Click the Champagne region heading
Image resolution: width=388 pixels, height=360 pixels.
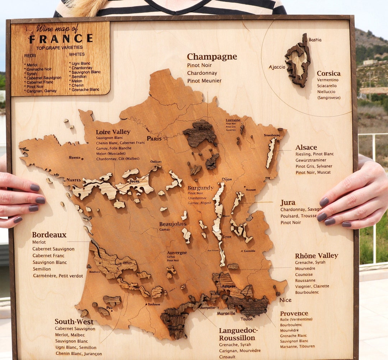pos(212,57)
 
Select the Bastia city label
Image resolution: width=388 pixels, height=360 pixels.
pos(315,40)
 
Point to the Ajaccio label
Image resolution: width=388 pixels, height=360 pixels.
pos(277,67)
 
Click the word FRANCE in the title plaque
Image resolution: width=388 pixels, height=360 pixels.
pos(61,39)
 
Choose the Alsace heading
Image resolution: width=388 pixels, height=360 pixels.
pos(306,148)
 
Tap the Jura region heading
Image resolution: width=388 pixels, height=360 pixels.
pos(288,203)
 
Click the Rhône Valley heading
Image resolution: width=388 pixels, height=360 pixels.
pos(317,256)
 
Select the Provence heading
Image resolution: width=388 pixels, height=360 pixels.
pos(294,313)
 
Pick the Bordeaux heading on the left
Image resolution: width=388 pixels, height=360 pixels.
pos(49,235)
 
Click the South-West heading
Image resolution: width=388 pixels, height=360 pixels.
pos(74,322)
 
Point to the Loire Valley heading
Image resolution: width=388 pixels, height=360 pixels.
pos(113,132)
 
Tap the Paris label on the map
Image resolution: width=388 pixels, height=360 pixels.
pos(154,139)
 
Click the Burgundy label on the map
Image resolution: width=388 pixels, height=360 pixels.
pos(200,188)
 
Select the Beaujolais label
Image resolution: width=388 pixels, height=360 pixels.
pos(173,224)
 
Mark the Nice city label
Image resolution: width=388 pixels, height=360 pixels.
pos(286,300)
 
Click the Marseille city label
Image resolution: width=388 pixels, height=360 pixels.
pos(226,313)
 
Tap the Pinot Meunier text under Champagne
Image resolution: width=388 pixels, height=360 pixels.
pos(204,81)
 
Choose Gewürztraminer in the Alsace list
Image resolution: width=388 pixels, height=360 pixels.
pos(311,160)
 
